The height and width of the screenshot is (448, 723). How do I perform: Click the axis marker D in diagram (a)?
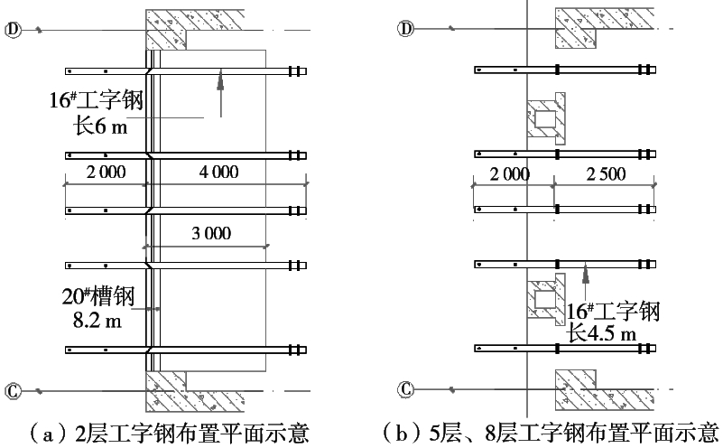pos(13,30)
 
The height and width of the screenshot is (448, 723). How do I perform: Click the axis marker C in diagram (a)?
pos(13,390)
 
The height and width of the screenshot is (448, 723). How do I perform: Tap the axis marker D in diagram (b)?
pos(406,30)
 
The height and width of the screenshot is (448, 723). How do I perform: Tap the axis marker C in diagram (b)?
pos(406,390)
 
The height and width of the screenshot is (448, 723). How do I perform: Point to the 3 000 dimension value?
pos(211,233)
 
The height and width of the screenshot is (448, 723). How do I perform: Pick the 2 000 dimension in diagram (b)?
pos(510,174)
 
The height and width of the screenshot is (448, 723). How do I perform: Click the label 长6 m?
pos(101,126)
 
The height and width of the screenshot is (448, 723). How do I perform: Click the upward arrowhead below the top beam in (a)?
pos(218,83)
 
